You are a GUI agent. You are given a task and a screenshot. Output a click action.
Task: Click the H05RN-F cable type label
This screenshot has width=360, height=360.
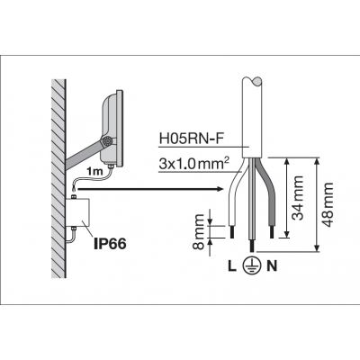pyautogui.click(x=192, y=139)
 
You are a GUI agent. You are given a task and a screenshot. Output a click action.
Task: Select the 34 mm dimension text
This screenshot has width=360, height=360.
pyautogui.click(x=298, y=198)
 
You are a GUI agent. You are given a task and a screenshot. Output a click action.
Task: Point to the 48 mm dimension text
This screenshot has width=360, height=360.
pyautogui.click(x=327, y=204)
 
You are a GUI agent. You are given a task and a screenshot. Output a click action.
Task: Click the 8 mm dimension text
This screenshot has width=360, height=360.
pyautogui.click(x=198, y=231)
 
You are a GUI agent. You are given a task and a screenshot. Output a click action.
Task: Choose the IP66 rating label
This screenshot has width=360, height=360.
pyautogui.click(x=110, y=244)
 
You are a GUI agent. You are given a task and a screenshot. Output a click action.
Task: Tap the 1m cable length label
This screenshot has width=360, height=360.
pyautogui.click(x=94, y=172)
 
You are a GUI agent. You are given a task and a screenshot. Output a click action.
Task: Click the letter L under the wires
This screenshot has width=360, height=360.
pyautogui.click(x=231, y=266)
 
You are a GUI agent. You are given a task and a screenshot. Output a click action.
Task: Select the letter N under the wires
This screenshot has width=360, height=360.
pyautogui.click(x=272, y=266)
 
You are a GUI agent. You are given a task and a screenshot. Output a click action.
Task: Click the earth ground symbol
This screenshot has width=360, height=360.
pyautogui.click(x=252, y=265)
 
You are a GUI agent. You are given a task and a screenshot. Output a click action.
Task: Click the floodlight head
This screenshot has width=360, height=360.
pyautogui.click(x=112, y=128)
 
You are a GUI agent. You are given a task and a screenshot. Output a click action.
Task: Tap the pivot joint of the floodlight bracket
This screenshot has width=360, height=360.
pyautogui.click(x=106, y=141)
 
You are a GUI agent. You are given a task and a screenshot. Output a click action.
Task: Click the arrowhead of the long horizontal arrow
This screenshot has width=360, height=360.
pyautogui.click(x=220, y=189)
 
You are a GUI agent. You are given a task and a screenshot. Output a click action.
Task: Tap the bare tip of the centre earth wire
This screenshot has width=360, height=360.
pyautogui.click(x=252, y=246)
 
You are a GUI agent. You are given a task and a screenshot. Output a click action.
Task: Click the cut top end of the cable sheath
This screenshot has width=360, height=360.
pyautogui.click(x=252, y=82)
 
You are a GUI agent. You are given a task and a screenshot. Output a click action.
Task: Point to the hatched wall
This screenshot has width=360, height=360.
pyautogui.click(x=58, y=178)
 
